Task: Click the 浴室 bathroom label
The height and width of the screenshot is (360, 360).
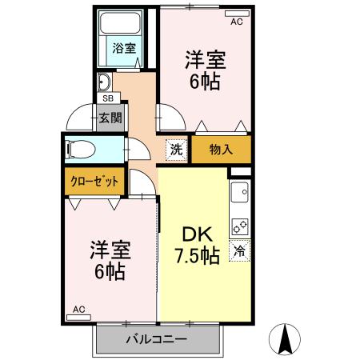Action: (124, 48)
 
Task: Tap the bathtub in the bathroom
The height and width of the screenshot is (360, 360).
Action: (123, 25)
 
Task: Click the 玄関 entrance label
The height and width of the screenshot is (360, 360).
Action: (110, 119)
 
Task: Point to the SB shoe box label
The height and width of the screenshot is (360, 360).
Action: (106, 98)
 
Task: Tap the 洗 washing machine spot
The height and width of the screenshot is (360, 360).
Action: (176, 148)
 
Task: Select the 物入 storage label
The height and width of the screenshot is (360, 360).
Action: (221, 149)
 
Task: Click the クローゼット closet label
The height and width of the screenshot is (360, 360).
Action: (94, 182)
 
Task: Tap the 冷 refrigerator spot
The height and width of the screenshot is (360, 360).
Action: (238, 250)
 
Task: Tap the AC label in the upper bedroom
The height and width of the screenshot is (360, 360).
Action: (236, 22)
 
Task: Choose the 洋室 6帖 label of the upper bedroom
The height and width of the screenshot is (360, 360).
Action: (205, 70)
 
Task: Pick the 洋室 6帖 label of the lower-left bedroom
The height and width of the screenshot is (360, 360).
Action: (108, 259)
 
